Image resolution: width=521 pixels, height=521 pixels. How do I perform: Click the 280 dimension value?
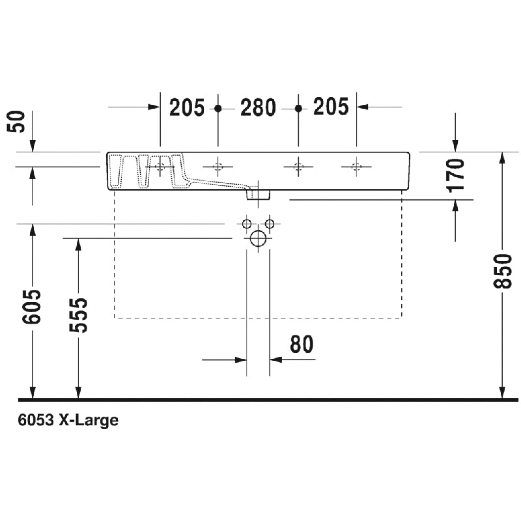point(258,107)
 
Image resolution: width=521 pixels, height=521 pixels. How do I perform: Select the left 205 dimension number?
point(187,107)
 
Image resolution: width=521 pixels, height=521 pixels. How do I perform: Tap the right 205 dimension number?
point(331,107)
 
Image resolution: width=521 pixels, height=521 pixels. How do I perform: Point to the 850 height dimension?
point(502,271)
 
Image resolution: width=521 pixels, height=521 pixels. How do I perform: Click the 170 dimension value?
point(455,176)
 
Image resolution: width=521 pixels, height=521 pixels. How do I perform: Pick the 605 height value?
point(31,307)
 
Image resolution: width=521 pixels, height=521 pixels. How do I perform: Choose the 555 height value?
point(78,315)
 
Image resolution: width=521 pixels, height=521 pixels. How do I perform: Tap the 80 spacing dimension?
point(302,344)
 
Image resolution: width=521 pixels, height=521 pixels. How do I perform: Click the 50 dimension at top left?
point(16,122)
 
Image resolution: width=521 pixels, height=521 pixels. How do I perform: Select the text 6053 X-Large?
point(68,420)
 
